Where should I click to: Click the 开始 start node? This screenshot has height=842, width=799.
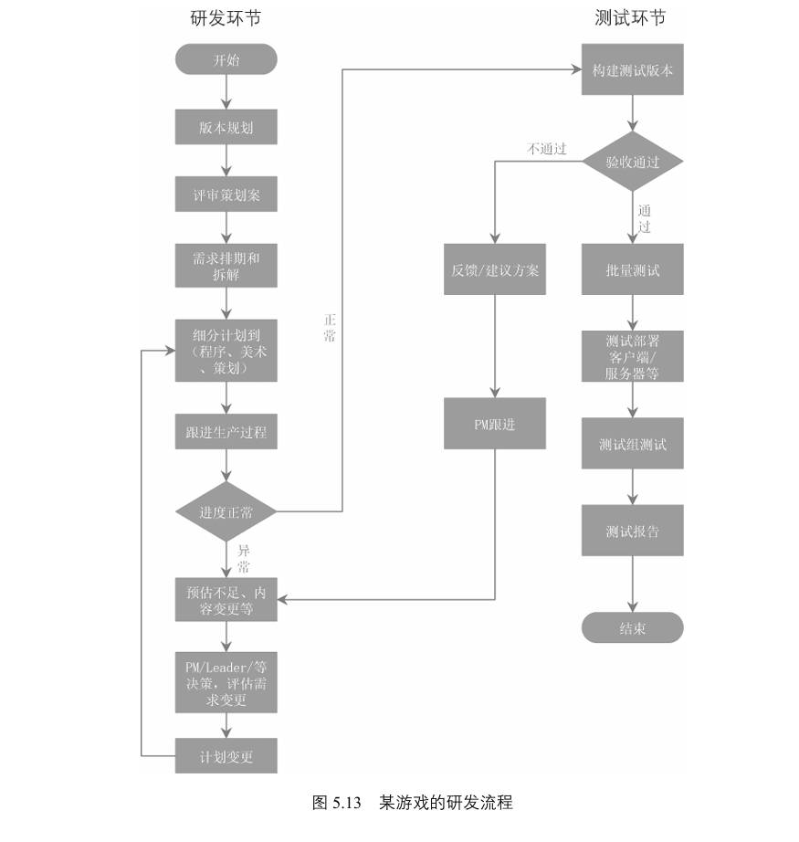coord(226,60)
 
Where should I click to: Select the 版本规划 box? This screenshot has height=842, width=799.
coord(226,128)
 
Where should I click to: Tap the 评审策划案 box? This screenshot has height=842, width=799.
coord(226,195)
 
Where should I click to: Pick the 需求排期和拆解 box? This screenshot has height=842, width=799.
coord(226,267)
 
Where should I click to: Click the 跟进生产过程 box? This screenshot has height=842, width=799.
coord(226,432)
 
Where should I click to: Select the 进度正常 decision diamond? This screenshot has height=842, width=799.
coord(226,512)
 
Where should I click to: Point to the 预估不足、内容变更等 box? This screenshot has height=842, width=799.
coord(226,600)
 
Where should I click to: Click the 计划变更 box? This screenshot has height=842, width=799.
coord(226,757)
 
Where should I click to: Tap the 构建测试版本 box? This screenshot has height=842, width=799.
coord(632,69)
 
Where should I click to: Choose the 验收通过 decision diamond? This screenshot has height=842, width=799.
coord(632,162)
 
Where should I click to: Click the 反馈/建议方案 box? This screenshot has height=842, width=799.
coord(495,270)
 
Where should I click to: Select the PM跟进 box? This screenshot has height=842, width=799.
coord(495,423)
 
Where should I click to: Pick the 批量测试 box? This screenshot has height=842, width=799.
coord(632,270)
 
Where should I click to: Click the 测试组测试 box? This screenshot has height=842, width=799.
coord(632,445)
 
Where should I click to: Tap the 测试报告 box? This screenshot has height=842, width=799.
coord(632,531)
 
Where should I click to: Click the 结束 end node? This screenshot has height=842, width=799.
coord(632,628)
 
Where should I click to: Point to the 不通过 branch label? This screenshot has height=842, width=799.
coord(546,148)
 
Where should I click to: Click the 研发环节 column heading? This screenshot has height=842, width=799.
coord(219,17)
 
